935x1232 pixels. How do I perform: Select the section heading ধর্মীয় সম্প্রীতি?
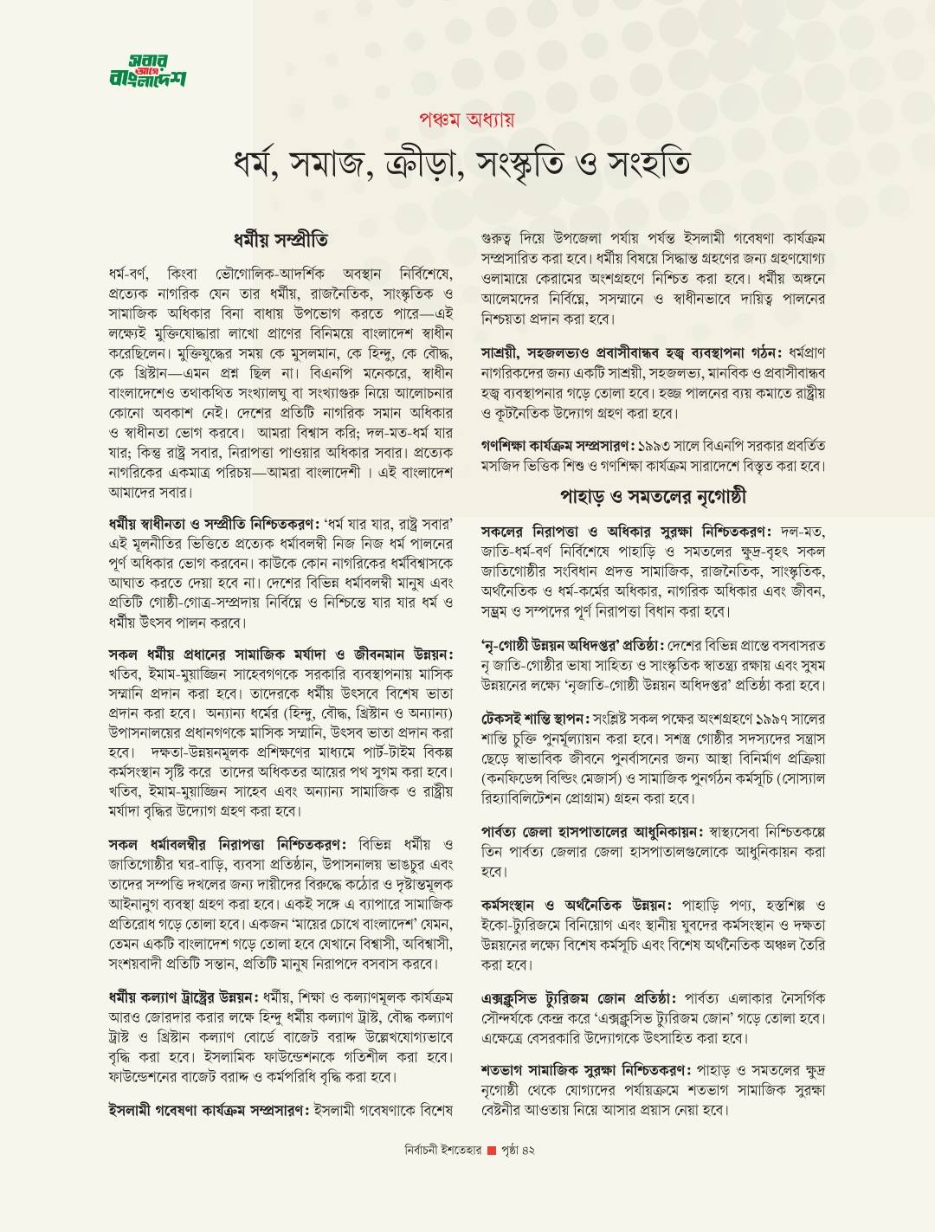[x=280, y=238]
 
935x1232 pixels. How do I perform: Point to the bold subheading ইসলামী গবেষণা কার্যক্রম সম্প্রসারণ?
[x=208, y=1109]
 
